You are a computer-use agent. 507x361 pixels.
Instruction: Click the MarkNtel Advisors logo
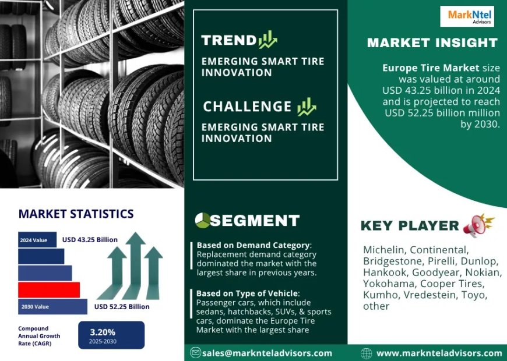(x=471, y=16)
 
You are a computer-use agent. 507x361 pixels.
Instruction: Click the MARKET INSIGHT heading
(x=432, y=43)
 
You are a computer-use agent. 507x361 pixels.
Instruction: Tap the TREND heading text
(x=228, y=40)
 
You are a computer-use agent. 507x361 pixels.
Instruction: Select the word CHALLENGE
(x=247, y=107)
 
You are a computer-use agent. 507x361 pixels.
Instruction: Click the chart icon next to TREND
(x=268, y=40)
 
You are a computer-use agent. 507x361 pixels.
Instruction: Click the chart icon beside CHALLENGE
(x=307, y=107)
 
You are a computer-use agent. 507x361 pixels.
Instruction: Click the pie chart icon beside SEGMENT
(x=203, y=220)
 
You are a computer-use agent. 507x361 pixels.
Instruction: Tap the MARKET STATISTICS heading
(x=76, y=214)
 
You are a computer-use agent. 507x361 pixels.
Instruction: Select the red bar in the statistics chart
(x=49, y=289)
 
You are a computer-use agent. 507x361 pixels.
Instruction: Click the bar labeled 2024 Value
(x=37, y=239)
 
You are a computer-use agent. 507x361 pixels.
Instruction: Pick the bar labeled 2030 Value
(x=52, y=306)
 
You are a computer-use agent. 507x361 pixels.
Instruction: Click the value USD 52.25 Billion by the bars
(x=122, y=307)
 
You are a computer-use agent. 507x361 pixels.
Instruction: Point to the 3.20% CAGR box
(x=111, y=335)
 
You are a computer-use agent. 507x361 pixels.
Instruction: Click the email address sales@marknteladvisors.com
(x=267, y=353)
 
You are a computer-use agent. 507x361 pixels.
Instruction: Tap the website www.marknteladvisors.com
(x=439, y=353)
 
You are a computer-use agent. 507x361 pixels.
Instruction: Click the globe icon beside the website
(x=367, y=353)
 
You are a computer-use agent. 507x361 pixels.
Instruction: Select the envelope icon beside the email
(x=196, y=353)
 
